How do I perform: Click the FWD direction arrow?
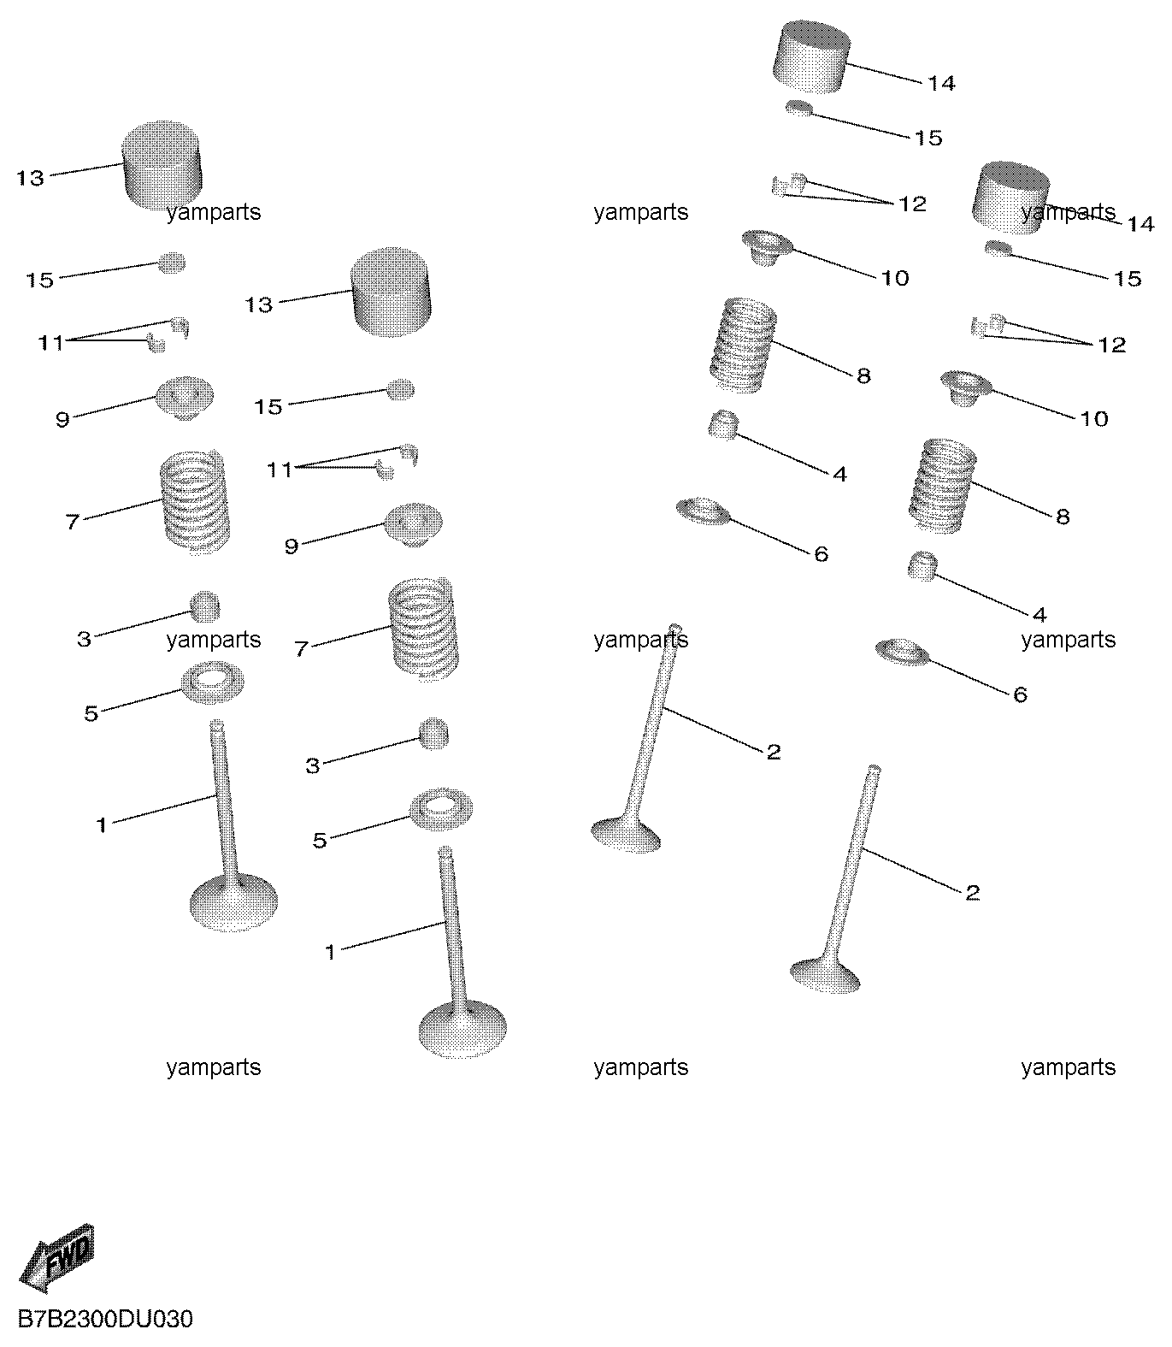[x=57, y=1258]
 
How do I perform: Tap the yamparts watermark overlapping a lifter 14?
[x=1068, y=212]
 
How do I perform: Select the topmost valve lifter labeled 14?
[x=813, y=56]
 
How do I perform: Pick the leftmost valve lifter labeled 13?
[x=163, y=165]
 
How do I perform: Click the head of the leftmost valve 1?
[x=233, y=901]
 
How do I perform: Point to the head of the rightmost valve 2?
[x=826, y=974]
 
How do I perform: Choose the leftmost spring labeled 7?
[x=196, y=502]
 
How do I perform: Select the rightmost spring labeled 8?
[x=942, y=485]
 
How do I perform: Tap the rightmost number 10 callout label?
[x=1095, y=419]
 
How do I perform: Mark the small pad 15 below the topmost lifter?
[x=800, y=107]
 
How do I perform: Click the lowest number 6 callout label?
[x=1021, y=694]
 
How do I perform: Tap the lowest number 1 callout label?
[x=331, y=952]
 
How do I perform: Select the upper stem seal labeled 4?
[x=724, y=424]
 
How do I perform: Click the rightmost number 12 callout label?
[x=1112, y=346]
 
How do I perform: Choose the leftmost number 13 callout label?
[x=30, y=179]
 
